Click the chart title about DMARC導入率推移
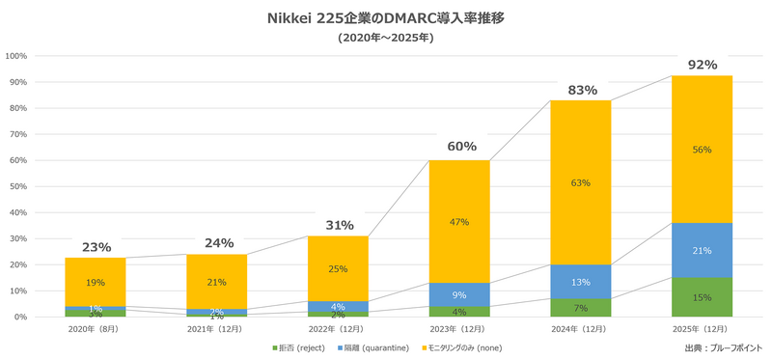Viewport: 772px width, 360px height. click(x=385, y=18)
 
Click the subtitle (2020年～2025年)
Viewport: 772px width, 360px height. click(x=385, y=39)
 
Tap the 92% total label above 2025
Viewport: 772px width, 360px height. click(x=702, y=65)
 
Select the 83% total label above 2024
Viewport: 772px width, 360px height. click(x=581, y=89)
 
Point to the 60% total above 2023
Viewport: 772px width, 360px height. click(x=460, y=147)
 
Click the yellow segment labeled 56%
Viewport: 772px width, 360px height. click(x=702, y=150)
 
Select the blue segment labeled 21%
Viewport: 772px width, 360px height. click(x=702, y=250)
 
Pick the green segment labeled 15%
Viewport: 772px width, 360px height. click(x=702, y=297)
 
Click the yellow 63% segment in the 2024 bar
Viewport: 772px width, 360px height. click(x=581, y=182)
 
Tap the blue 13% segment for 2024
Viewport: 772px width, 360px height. click(x=581, y=282)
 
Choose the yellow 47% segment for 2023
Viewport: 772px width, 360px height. click(x=460, y=222)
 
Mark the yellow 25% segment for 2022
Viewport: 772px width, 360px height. click(x=339, y=268)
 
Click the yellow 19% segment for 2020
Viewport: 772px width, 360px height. click(x=95, y=283)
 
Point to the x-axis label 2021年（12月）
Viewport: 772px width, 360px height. click(x=217, y=330)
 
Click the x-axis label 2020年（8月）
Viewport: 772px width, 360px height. click(x=96, y=330)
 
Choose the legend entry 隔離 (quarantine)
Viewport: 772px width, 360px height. click(x=373, y=347)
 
